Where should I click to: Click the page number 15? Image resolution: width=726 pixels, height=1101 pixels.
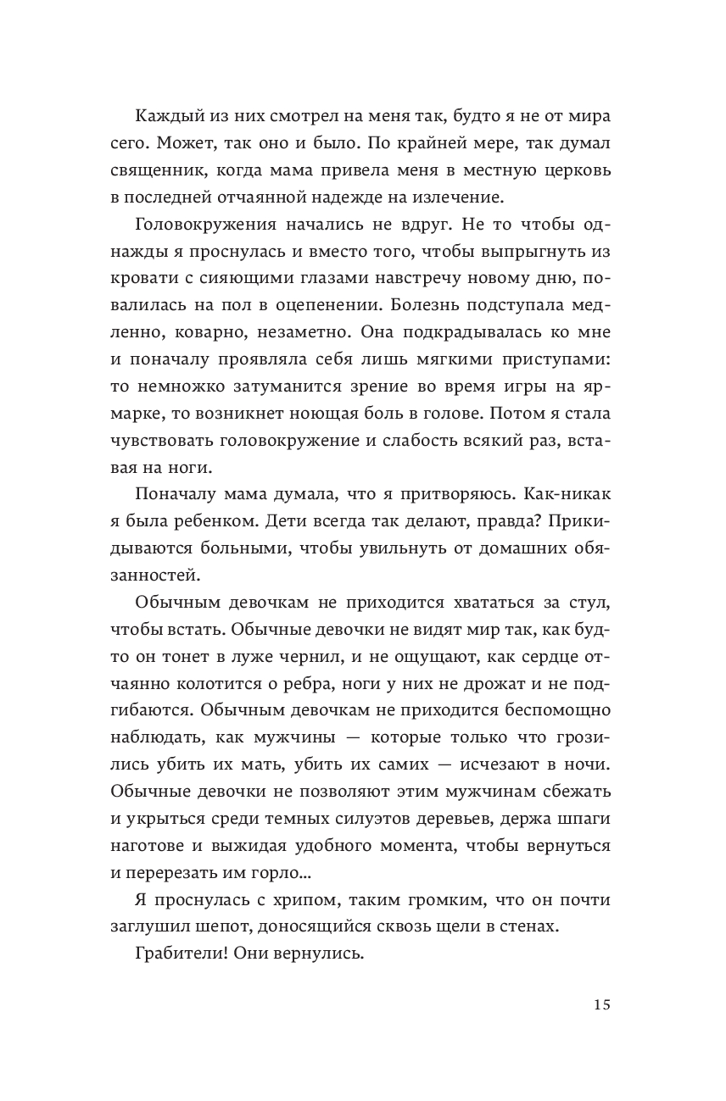click(x=601, y=1005)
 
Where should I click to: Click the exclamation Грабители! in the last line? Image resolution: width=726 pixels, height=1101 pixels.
click(x=181, y=955)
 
